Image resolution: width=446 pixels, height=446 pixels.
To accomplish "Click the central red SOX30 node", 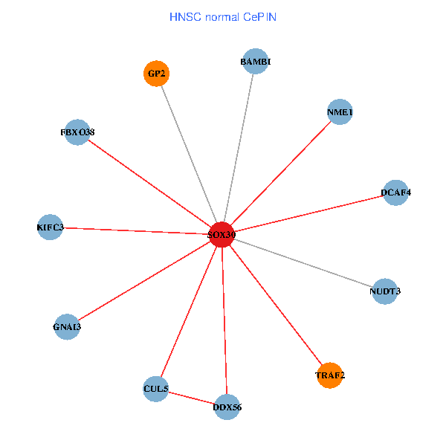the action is click(x=222, y=234).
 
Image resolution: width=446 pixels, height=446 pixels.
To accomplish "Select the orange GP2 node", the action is click(x=156, y=74).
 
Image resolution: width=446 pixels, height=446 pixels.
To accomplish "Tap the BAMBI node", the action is click(x=255, y=62).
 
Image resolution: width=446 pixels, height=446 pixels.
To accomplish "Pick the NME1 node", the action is click(x=339, y=112).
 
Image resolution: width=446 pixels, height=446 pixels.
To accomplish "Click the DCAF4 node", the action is click(x=395, y=193).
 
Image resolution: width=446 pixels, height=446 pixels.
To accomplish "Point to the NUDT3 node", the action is click(x=384, y=291).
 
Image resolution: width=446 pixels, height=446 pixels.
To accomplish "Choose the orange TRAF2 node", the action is click(x=329, y=375).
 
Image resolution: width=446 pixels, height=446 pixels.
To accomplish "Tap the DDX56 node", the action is click(x=227, y=407).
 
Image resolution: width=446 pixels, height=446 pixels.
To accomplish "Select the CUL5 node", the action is click(x=155, y=389).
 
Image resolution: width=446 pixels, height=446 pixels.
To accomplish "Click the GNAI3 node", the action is click(x=67, y=327).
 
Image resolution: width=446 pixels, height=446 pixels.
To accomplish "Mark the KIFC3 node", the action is click(x=50, y=227).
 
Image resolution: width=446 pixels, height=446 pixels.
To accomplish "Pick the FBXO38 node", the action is click(x=77, y=132).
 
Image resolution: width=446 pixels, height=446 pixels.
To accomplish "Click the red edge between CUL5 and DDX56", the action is click(x=191, y=398).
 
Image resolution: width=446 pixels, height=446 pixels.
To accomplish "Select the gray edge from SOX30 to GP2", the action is click(x=189, y=154).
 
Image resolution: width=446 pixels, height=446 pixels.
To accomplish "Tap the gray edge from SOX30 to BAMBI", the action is click(x=238, y=149).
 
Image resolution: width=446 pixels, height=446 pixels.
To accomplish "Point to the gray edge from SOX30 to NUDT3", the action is click(x=303, y=262).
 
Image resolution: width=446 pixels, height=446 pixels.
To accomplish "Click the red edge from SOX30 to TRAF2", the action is click(x=275, y=305).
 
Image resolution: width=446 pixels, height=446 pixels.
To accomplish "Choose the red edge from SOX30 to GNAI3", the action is click(x=144, y=281).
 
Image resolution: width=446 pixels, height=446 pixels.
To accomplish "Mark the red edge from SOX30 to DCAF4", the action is click(x=308, y=213).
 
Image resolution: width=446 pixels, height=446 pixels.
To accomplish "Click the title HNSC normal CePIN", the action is click(x=223, y=16).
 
